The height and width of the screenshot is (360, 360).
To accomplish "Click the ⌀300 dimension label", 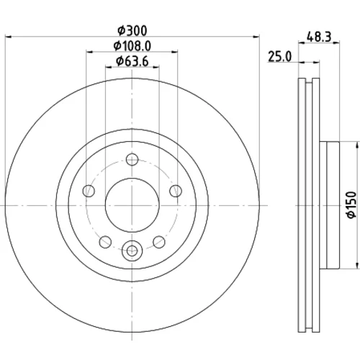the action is coord(132,31).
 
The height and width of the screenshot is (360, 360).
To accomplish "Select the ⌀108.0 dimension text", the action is coord(132,46).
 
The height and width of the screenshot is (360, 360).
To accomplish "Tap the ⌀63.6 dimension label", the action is coord(132,61).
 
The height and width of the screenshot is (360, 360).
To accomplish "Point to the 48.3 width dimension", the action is coord(319,37).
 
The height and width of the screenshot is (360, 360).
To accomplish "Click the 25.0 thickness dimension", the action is coord(279,57).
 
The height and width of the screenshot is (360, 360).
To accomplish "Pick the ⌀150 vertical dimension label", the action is coord(351,204).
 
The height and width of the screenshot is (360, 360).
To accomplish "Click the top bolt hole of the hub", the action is coord(132,160).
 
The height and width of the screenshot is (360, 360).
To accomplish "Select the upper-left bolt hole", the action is coord(89,191).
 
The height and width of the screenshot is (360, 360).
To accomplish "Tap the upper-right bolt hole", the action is coord(176,191).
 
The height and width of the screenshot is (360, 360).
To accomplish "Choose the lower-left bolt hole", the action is coord(105,242).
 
